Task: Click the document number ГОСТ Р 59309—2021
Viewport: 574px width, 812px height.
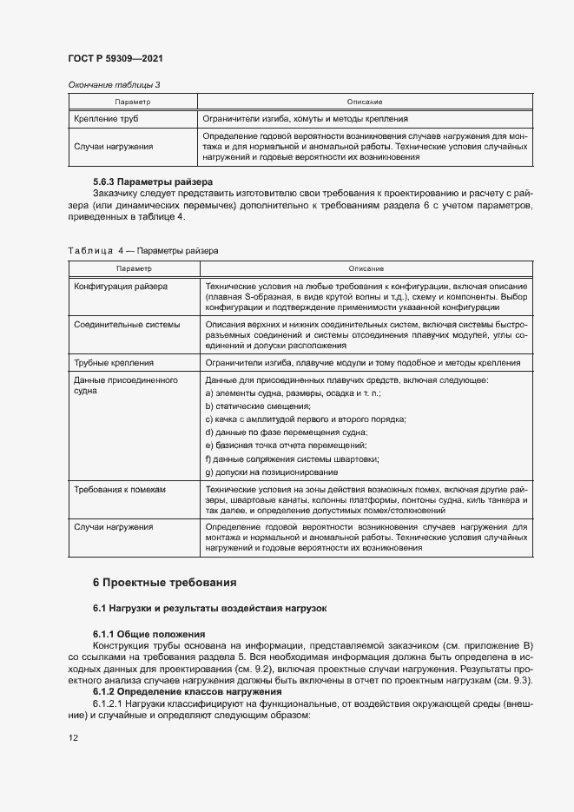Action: tap(115, 58)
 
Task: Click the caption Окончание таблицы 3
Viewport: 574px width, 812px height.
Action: tap(114, 84)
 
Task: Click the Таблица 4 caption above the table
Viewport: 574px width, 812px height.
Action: tap(142, 250)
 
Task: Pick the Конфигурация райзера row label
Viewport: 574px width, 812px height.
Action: tap(122, 286)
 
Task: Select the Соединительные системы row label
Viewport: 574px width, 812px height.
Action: tap(127, 324)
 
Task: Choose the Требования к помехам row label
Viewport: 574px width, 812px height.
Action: tap(120, 489)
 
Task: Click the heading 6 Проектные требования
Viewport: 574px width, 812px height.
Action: tap(164, 582)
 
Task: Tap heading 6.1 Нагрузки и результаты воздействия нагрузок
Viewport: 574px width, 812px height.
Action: tap(209, 609)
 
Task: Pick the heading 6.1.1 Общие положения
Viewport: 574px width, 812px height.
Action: tap(148, 634)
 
